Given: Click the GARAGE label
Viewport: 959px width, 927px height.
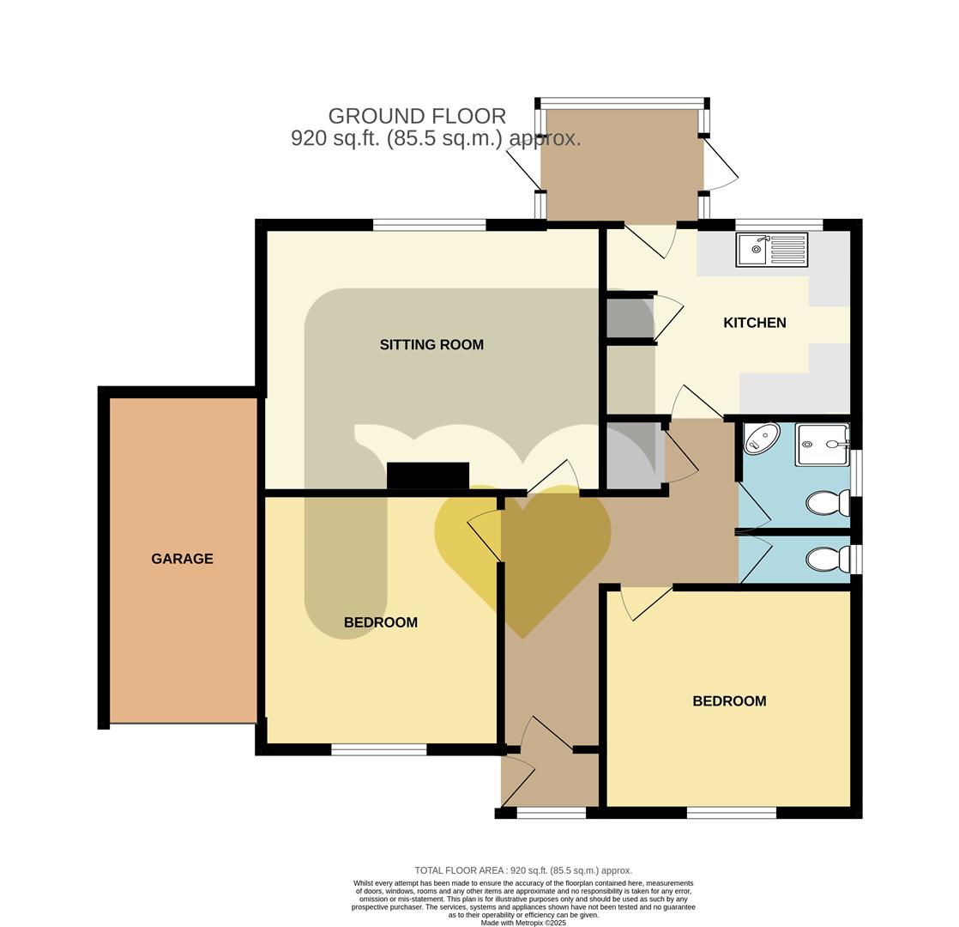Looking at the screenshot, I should tap(182, 559).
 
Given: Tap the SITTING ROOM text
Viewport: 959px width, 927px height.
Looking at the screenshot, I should tap(431, 345).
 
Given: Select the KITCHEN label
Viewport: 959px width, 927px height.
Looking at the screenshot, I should tap(754, 323).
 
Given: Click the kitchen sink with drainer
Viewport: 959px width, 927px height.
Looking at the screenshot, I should tap(771, 250).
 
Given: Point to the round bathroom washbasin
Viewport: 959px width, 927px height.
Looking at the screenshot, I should tap(760, 439).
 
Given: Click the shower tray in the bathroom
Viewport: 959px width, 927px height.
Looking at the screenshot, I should tap(822, 444).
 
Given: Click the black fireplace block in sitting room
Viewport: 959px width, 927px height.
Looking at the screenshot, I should tap(428, 476).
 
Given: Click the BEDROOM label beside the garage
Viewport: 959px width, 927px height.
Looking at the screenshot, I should tap(380, 622).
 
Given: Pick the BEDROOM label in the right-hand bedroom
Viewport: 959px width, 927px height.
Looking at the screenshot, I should tap(729, 701).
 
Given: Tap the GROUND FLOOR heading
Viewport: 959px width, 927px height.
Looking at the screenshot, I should tap(417, 116).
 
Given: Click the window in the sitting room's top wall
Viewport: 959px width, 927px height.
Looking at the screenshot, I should tap(429, 226).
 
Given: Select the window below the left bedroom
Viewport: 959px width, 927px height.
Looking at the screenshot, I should tap(378, 750).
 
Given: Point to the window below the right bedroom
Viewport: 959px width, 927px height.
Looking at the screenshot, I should tap(731, 813).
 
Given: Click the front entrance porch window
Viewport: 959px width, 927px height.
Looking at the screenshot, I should tap(551, 813).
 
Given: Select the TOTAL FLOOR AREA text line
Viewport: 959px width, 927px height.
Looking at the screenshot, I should tap(522, 870).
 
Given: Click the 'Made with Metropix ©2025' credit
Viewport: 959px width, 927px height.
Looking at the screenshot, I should tap(522, 923).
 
